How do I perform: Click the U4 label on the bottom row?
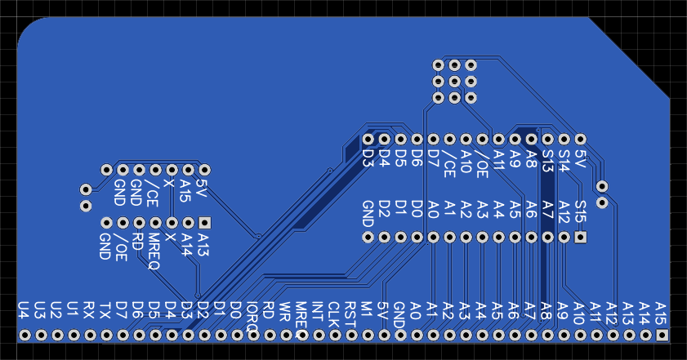click(x=25, y=309)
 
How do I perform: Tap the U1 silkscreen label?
click(x=74, y=309)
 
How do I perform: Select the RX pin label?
click(x=90, y=309)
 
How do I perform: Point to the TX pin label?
click(x=106, y=309)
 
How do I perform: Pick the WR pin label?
click(x=285, y=311)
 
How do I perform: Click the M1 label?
click(x=367, y=309)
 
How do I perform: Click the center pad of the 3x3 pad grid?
click(x=455, y=82)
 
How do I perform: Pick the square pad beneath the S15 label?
click(x=581, y=238)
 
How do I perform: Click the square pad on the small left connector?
click(x=204, y=221)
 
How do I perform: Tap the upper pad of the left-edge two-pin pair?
click(x=86, y=189)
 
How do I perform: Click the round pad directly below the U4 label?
click(x=25, y=336)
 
